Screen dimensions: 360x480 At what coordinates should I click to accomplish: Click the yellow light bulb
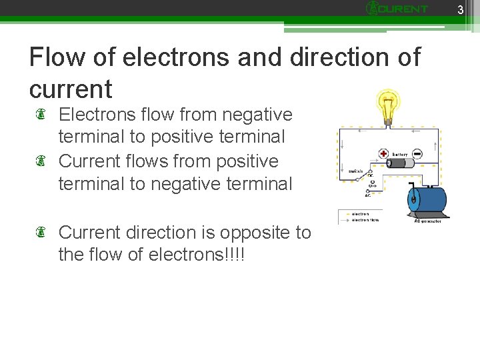(387, 105)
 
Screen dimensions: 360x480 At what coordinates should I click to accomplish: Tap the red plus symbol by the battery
(383, 153)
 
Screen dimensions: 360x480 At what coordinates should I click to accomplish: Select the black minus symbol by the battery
(417, 153)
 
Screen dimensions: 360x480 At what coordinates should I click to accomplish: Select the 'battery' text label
(400, 154)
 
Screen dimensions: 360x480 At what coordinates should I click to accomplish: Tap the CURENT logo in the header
(398, 9)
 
